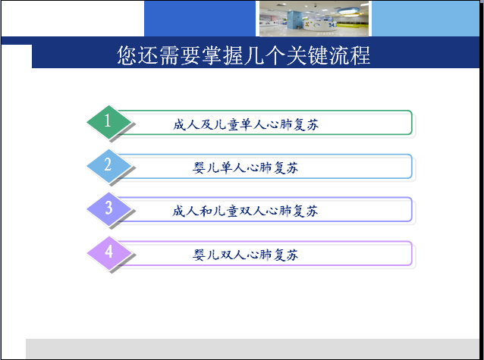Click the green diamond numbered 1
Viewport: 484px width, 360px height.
pos(109,122)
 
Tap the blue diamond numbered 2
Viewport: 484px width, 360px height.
pos(109,166)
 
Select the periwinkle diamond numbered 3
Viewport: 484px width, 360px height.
pos(109,209)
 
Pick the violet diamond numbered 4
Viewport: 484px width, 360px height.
pos(109,253)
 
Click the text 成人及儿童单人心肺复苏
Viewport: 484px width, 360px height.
pos(245,124)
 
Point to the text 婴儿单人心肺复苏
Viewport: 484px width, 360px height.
pos(245,167)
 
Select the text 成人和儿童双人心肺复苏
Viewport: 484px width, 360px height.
pos(245,211)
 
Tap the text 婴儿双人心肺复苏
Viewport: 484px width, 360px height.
pos(245,255)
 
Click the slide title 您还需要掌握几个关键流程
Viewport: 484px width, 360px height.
pos(244,55)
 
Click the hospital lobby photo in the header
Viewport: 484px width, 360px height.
pos(314,18)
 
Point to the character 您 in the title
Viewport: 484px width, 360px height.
pos(127,55)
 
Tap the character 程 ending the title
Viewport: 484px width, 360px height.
pos(360,55)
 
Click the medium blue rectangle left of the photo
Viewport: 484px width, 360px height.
pos(200,18)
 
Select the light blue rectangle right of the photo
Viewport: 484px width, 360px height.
pos(426,18)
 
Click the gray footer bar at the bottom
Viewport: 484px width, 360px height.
pos(252,349)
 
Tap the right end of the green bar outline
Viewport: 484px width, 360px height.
pos(412,123)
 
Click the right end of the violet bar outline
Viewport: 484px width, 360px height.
pos(412,253)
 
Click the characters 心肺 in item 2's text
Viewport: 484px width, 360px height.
pos(259,167)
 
